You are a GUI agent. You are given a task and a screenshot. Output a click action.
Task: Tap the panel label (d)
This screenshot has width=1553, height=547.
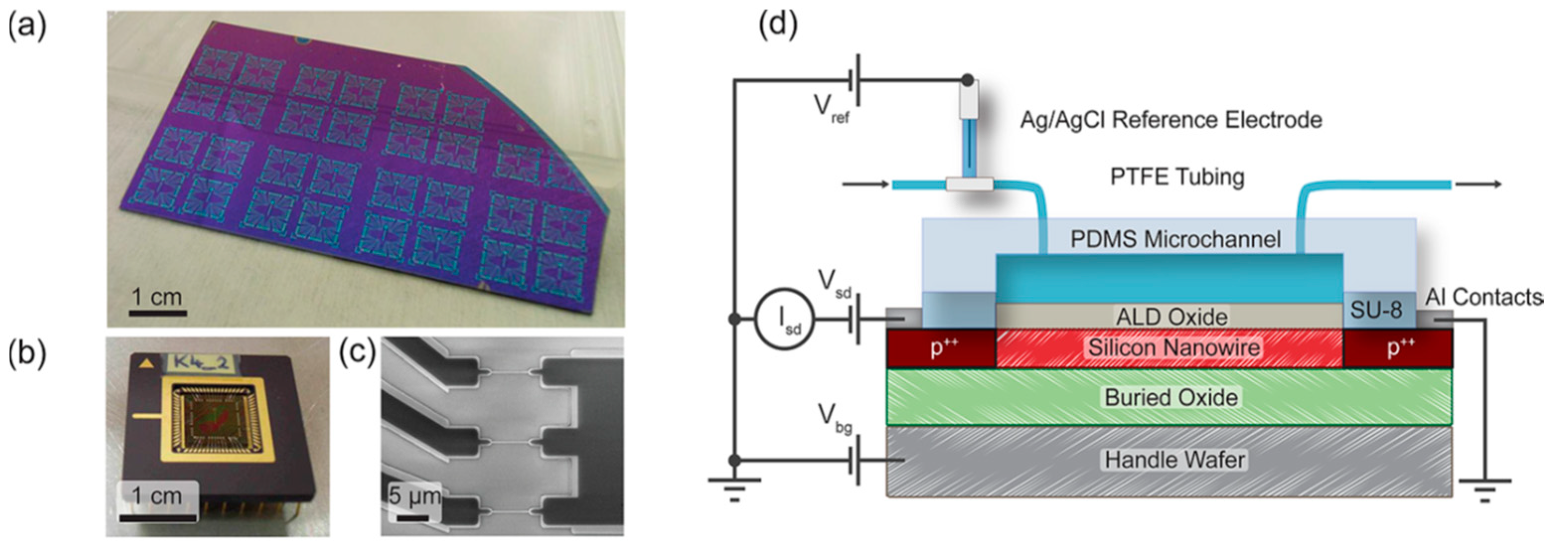click(778, 25)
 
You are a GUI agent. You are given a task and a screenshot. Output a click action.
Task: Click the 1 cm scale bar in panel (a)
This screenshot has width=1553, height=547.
click(157, 312)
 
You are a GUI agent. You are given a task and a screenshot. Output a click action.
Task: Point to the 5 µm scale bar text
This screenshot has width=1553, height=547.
click(414, 495)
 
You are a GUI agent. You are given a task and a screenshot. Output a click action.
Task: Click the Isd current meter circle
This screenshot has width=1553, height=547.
click(784, 319)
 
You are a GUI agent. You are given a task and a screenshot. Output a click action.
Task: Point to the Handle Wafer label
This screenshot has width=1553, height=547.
click(1175, 460)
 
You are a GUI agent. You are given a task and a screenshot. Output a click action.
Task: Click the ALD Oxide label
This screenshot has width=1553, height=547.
click(1172, 317)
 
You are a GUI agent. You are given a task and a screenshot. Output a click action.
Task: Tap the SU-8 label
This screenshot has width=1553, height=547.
click(1376, 310)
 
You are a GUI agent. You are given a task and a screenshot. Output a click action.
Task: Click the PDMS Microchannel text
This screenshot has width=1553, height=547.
click(1175, 239)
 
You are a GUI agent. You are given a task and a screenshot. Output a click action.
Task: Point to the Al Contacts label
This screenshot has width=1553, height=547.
click(1483, 297)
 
